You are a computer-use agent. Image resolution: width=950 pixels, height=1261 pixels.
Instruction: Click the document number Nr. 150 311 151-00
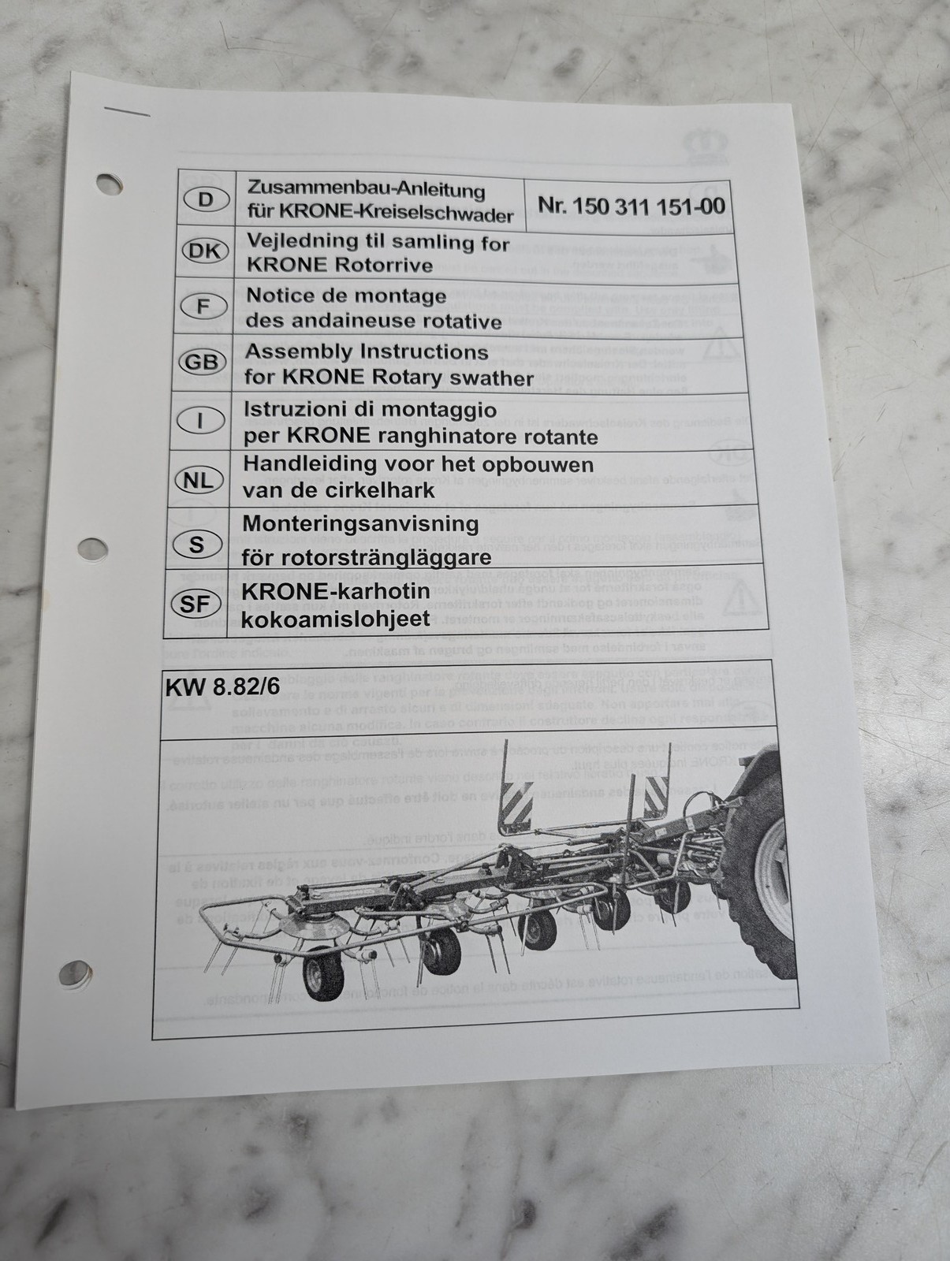point(631,206)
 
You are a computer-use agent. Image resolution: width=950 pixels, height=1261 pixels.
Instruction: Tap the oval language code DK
point(205,251)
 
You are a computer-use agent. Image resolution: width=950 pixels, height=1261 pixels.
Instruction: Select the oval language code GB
point(203,362)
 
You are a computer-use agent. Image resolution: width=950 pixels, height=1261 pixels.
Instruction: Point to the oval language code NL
point(199,479)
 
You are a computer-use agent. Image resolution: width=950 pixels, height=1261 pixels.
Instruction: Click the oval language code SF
point(194,604)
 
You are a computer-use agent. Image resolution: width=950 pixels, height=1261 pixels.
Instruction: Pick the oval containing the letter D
point(206,199)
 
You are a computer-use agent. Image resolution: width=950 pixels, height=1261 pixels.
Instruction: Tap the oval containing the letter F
point(203,305)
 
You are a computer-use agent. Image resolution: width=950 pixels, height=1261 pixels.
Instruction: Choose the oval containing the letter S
point(196,544)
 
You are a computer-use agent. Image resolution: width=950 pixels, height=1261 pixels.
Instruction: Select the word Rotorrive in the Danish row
point(384,266)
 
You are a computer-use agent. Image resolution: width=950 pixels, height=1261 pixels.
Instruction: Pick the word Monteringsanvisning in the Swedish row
point(360,523)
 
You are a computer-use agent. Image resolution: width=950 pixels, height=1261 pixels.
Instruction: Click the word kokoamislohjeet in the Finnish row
point(337,619)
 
